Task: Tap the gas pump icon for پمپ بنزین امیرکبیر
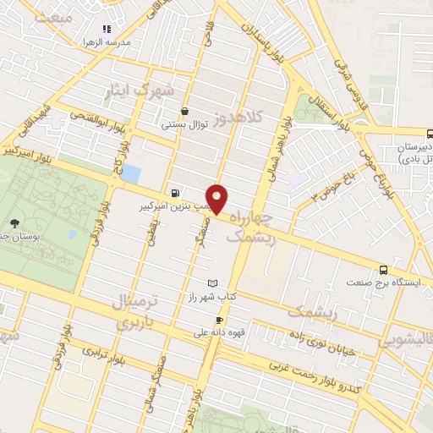pos(174,192)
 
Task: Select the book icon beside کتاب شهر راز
pos(211,283)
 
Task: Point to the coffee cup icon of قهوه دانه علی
pos(219,320)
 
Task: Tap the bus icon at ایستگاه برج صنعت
pos(384,270)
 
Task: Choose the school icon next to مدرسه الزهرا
pos(107,29)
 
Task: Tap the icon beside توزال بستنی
pos(184,111)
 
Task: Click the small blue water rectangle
pos(131,174)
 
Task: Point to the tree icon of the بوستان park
pos(15,225)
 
